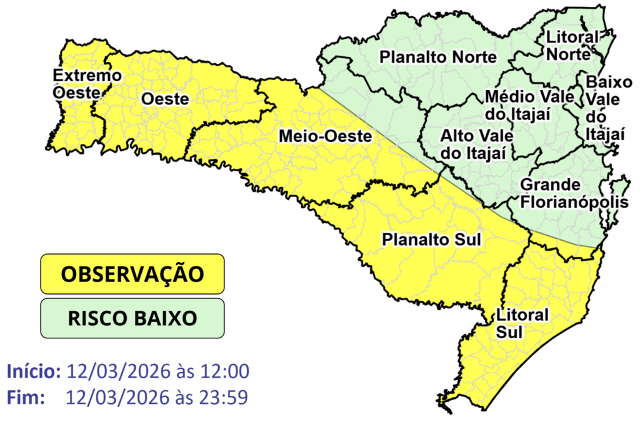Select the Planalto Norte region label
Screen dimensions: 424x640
point(438,57)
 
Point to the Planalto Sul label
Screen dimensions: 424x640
point(431,240)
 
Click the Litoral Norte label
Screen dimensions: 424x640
point(571,45)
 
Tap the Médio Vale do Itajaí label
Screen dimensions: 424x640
point(517,106)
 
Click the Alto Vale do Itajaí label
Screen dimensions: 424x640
point(477,144)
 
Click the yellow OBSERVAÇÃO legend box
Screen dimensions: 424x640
point(132,274)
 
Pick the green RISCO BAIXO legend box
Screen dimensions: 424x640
point(132,318)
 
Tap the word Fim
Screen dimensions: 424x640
point(26,396)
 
